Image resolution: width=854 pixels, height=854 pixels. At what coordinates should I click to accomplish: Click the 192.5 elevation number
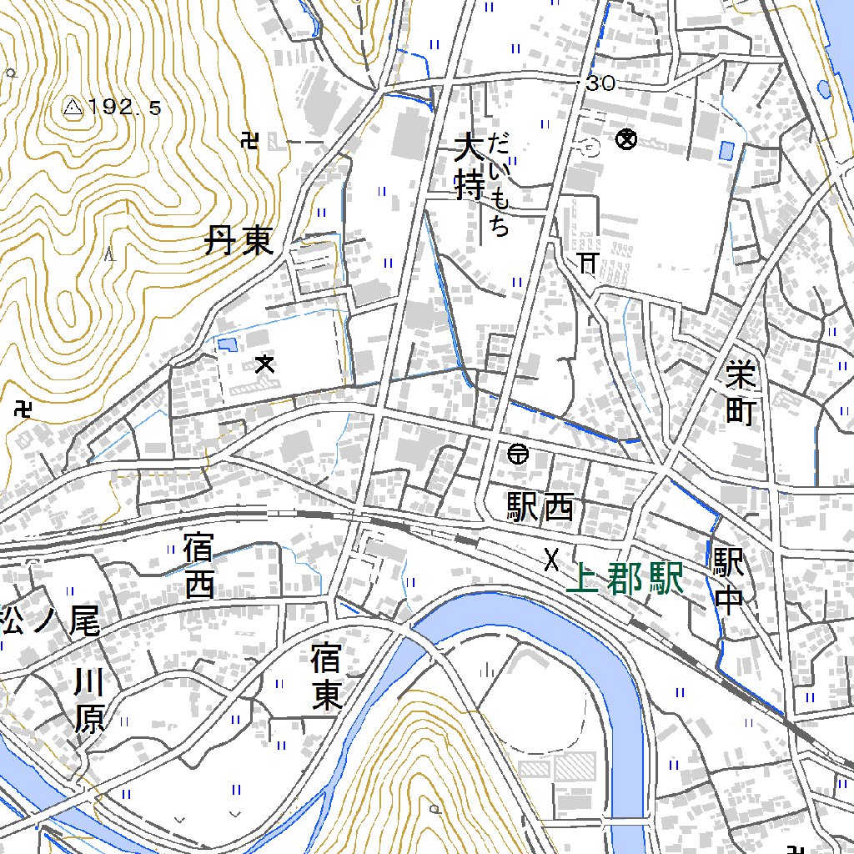click(124, 107)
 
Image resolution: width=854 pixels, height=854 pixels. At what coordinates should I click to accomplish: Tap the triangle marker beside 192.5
click(73, 107)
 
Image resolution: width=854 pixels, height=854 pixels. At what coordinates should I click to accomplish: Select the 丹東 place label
click(239, 243)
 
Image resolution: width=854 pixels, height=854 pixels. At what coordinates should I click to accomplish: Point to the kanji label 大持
click(469, 169)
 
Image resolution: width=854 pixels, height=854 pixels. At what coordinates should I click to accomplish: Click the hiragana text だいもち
click(500, 184)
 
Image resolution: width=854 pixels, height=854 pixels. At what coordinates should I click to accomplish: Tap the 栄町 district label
click(739, 392)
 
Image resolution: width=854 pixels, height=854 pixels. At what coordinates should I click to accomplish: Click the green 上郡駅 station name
click(625, 579)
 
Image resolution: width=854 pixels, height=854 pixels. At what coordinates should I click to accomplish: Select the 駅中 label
click(728, 582)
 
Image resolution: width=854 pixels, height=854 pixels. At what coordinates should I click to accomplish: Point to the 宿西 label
click(199, 568)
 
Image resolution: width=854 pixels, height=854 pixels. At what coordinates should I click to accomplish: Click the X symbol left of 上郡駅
click(550, 560)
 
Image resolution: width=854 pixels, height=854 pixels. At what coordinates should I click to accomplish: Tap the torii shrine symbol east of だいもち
click(588, 264)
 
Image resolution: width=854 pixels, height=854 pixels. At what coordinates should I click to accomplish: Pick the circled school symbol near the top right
click(625, 139)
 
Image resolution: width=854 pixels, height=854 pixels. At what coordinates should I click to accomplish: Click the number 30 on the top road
click(600, 83)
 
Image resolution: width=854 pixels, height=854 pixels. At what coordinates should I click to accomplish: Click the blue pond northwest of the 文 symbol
click(225, 343)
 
